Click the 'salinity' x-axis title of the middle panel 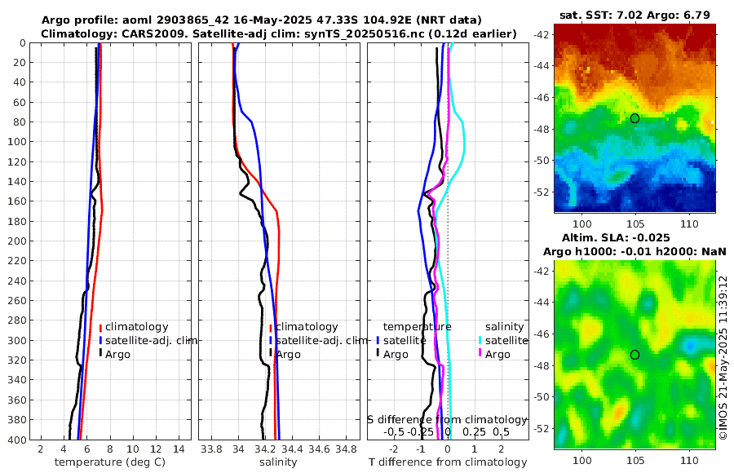pos(279,462)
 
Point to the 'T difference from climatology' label pos(448,462)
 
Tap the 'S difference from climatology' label pos(448,419)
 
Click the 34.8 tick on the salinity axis pos(346,448)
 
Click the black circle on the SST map pos(635,118)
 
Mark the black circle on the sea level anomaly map pos(635,355)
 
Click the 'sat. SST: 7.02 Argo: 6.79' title pos(635,15)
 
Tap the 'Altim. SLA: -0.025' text pos(635,236)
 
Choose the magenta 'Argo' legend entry pos(494,354)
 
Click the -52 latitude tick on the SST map pos(540,192)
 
